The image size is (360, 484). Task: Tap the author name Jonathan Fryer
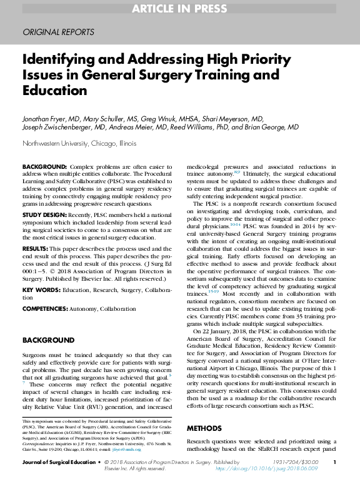click(x=47, y=119)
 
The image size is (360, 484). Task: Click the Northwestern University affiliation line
click(x=79, y=143)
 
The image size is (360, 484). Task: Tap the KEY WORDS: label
click(x=41, y=291)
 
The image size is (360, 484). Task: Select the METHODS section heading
click(x=205, y=428)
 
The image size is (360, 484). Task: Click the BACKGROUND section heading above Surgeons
click(x=48, y=340)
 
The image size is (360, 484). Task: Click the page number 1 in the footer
click(x=335, y=462)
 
